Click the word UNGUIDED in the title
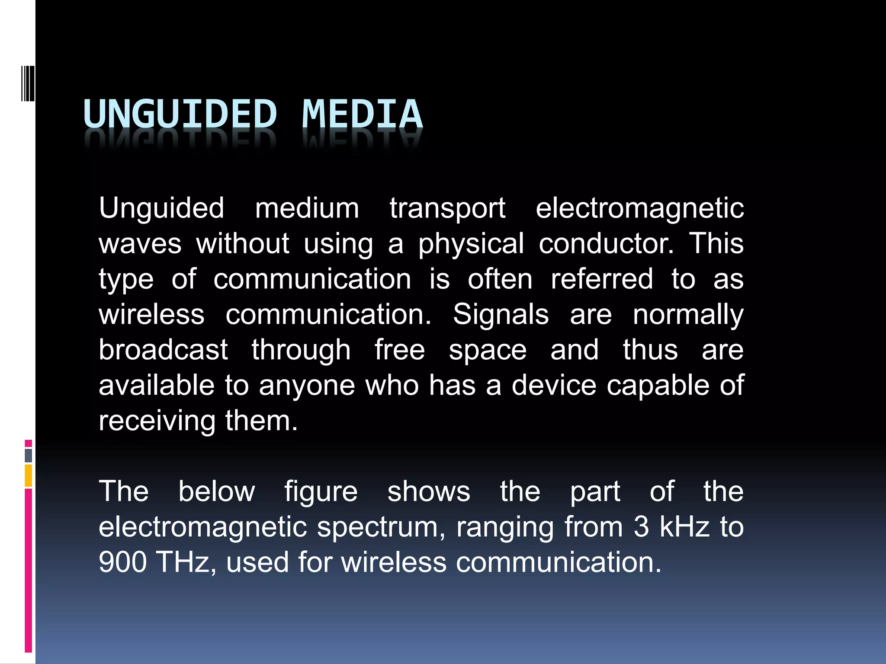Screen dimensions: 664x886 point(180,114)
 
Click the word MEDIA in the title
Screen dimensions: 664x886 point(362,114)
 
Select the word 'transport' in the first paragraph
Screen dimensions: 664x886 point(447,208)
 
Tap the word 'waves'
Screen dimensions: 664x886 point(140,244)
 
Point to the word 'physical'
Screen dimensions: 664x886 point(471,244)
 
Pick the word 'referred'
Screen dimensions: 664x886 point(602,279)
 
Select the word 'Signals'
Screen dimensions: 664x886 point(501,315)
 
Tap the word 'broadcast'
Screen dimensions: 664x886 point(163,350)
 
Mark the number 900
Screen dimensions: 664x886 point(123,562)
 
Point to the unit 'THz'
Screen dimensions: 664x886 point(183,562)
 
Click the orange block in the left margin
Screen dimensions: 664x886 point(29,475)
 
